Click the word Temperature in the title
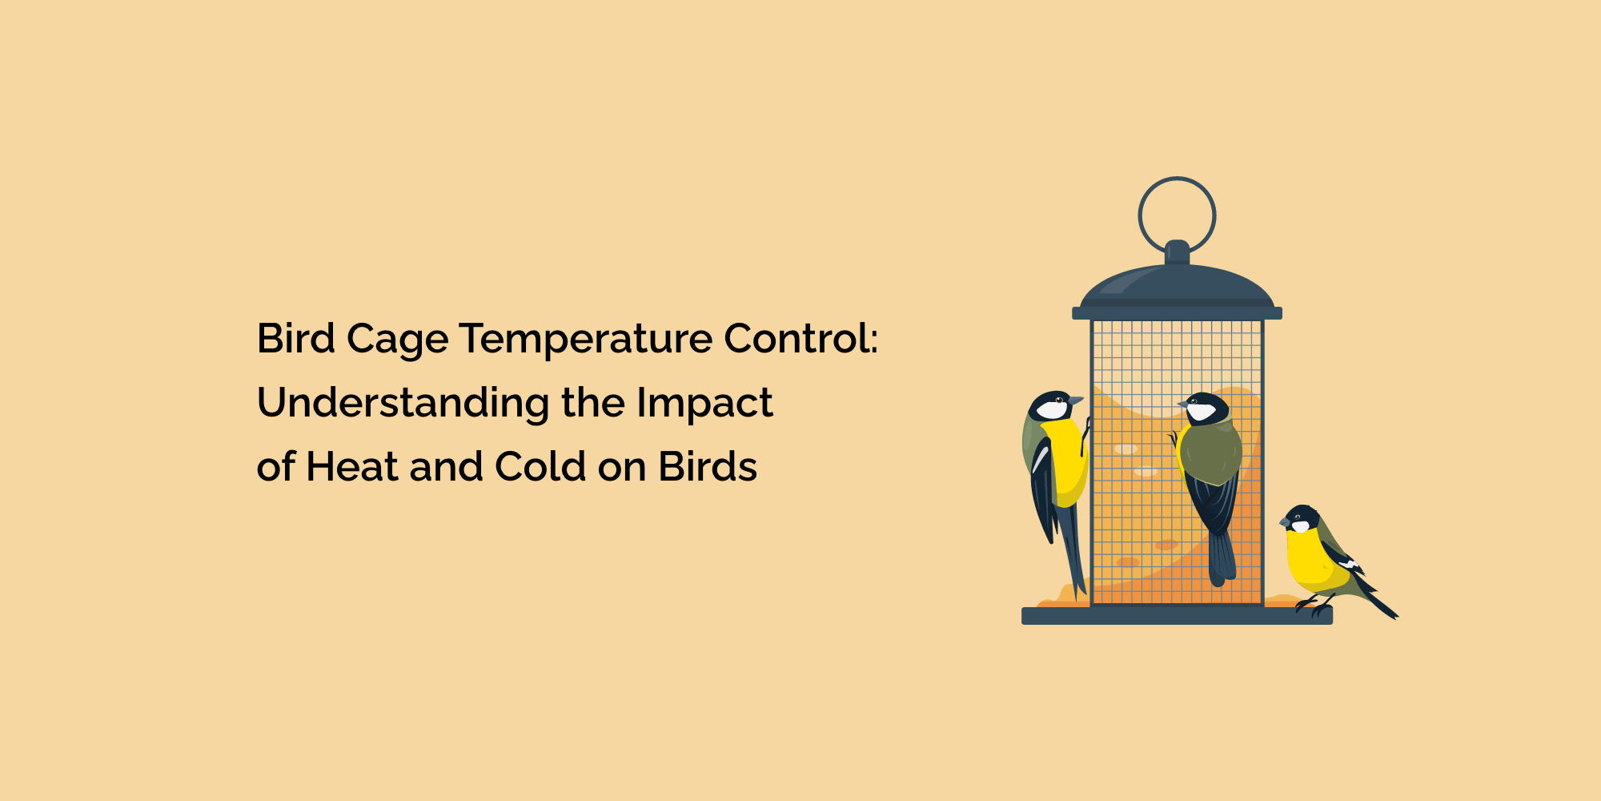pos(585,340)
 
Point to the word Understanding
pos(403,404)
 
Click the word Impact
pos(704,404)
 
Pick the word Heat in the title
pos(351,467)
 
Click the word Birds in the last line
pos(708,467)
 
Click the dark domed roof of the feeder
pos(1177,285)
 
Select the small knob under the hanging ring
pos(1177,251)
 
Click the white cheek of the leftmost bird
pos(1051,410)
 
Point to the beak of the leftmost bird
pos(1077,400)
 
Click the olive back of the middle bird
pos(1211,453)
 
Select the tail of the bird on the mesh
pos(1222,557)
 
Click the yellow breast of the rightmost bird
pos(1310,557)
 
